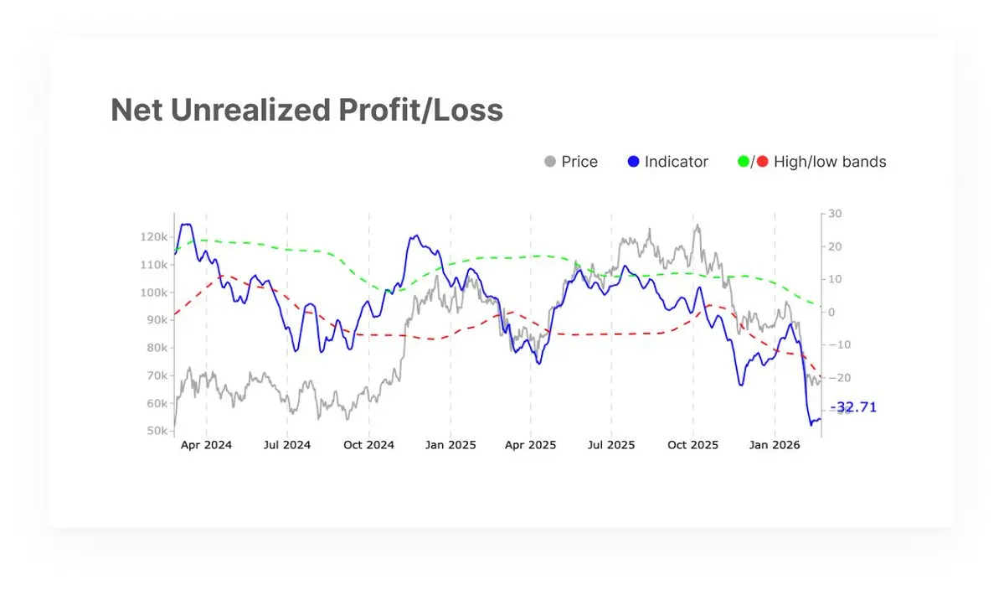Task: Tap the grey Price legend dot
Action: [550, 162]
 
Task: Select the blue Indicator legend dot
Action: [633, 162]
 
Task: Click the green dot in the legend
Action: [743, 162]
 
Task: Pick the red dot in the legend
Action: [762, 162]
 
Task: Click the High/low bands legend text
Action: [830, 162]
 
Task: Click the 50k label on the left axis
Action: [156, 431]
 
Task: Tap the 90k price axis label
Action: [156, 320]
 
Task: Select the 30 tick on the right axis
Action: [834, 214]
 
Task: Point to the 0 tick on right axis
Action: [832, 312]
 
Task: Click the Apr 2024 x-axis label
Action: [206, 445]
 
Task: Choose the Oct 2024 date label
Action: [368, 445]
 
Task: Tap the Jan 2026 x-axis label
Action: [775, 445]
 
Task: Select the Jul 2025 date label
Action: [611, 445]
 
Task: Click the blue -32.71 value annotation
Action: [852, 407]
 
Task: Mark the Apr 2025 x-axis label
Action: [530, 445]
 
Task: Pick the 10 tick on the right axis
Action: [834, 279]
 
